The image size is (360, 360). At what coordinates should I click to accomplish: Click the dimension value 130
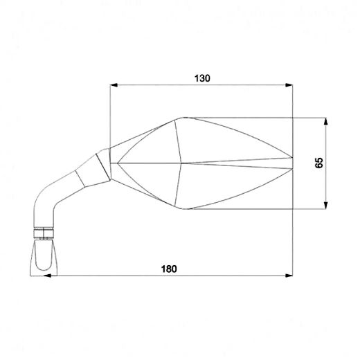(x=201, y=78)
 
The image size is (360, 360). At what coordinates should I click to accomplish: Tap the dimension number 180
(x=168, y=269)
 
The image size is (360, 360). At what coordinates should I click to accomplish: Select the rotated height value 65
(x=319, y=163)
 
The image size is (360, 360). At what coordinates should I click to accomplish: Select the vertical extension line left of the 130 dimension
(x=111, y=118)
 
